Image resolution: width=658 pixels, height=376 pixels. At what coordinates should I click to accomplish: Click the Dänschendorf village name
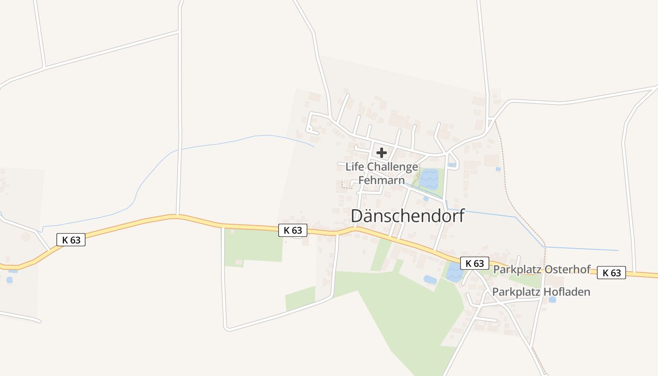click(407, 216)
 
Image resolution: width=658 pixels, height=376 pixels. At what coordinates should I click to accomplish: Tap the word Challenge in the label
click(392, 167)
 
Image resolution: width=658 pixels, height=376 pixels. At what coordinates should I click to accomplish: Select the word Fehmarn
click(382, 180)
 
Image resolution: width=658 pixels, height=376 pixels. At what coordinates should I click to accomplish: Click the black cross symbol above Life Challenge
click(382, 153)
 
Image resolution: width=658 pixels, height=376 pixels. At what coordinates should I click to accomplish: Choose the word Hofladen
click(567, 292)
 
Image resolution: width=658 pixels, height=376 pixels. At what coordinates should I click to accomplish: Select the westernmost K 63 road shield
click(71, 240)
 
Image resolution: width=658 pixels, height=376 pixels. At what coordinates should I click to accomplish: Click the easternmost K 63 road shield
click(611, 273)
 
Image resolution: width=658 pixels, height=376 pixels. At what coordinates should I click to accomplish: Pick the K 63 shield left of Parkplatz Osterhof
click(475, 263)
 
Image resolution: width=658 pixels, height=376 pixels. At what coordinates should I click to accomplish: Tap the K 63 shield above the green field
click(293, 230)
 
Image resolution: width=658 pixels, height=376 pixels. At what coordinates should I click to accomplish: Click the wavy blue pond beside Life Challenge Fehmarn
click(429, 179)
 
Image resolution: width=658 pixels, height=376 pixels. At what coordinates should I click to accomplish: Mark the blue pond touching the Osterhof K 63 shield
click(454, 273)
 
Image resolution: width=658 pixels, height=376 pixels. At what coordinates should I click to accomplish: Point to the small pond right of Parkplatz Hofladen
click(552, 299)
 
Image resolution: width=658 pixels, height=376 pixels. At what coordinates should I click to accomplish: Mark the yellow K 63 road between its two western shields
click(179, 217)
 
